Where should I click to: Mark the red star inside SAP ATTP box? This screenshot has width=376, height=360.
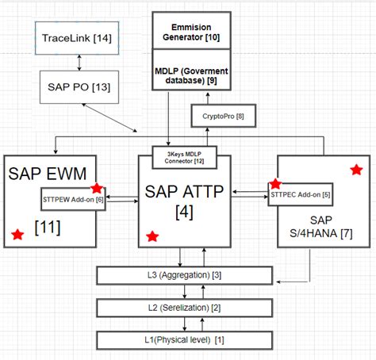(x=152, y=236)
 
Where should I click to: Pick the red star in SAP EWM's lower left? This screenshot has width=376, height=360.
(x=17, y=234)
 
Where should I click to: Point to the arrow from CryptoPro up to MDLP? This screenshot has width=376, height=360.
(x=208, y=100)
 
